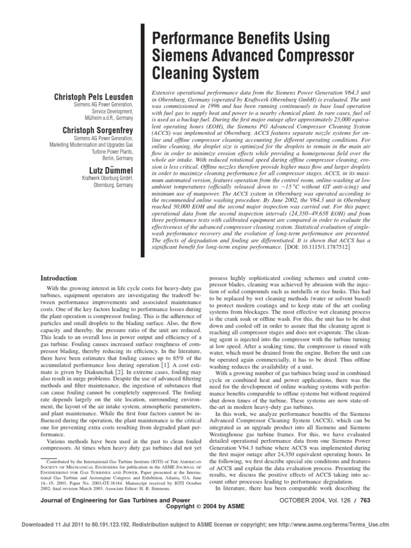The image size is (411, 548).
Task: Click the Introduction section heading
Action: pyautogui.click(x=59, y=278)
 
